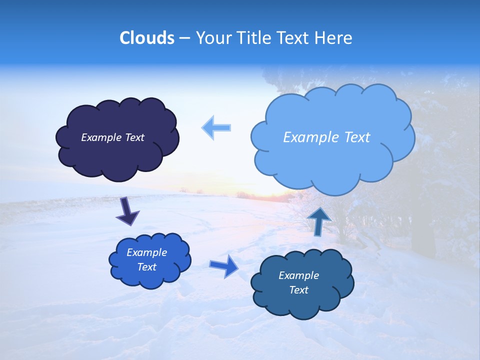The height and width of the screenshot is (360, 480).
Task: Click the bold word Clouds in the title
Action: (x=147, y=38)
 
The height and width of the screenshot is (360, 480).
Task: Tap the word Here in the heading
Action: (x=334, y=38)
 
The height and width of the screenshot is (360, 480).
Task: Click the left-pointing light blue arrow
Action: (x=216, y=127)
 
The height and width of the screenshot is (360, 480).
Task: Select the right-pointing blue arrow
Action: (x=224, y=266)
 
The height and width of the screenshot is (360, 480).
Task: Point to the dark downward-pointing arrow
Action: (x=127, y=211)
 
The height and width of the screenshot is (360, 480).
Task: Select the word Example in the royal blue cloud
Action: (x=146, y=252)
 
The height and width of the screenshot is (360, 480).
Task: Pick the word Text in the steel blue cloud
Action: (x=298, y=290)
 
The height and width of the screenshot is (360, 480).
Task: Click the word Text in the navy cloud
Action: (x=134, y=137)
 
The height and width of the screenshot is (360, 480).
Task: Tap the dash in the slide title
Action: (x=184, y=38)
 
